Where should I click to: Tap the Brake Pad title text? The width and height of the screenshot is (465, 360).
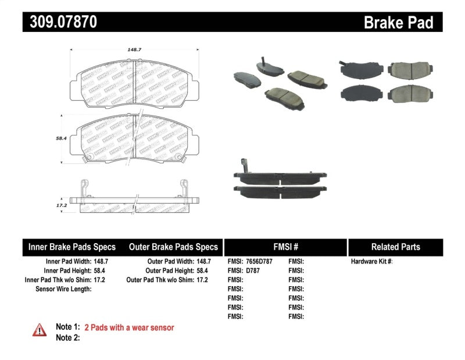399,22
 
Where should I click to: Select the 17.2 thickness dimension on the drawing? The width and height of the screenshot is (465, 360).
60,206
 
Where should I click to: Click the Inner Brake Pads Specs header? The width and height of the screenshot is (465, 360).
72,247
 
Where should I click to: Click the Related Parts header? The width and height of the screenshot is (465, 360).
395,247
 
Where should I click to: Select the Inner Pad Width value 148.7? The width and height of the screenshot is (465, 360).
101,262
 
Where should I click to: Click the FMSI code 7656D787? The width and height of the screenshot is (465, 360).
259,262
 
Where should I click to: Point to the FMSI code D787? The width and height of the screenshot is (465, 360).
252,271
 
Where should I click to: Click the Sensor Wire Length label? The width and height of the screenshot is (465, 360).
63,289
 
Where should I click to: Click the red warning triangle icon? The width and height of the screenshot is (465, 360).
39,329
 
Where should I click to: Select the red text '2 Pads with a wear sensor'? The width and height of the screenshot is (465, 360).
129,327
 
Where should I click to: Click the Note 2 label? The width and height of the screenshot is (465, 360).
67,337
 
